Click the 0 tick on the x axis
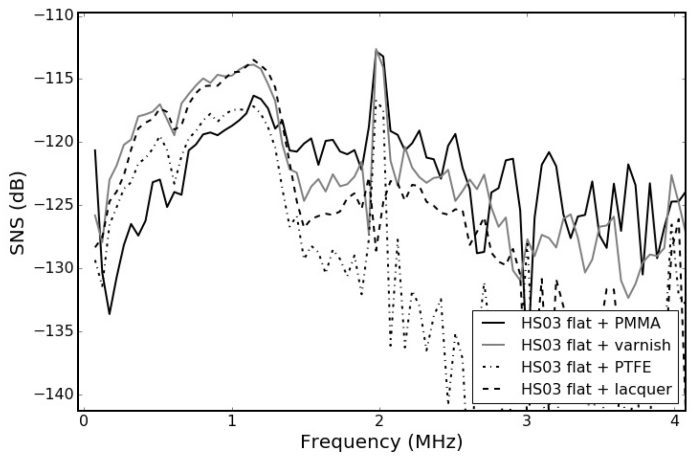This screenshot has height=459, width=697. click(x=84, y=421)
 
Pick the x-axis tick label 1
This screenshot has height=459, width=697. click(x=232, y=421)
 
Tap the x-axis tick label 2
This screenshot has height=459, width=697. click(x=379, y=421)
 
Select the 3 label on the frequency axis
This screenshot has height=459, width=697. click(x=527, y=421)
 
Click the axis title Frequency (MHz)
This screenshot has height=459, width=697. click(x=381, y=442)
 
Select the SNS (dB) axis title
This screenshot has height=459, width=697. click(x=17, y=213)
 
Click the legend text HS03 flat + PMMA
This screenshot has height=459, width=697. click(x=591, y=323)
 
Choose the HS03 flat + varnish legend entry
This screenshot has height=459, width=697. click(x=596, y=345)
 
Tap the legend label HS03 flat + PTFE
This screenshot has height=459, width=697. click(x=586, y=367)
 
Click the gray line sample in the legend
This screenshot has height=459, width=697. click(x=493, y=345)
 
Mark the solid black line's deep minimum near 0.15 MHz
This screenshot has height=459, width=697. click(x=109, y=314)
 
